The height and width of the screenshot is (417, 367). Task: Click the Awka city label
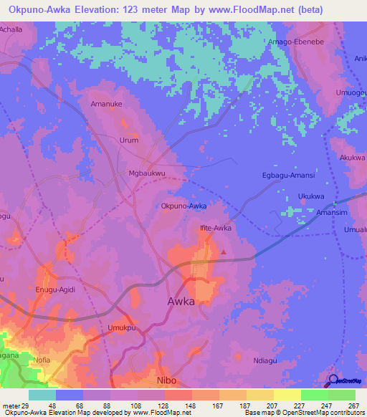click(x=181, y=302)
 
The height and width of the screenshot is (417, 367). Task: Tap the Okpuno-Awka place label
click(x=184, y=206)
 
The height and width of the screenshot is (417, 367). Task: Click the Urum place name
click(x=128, y=140)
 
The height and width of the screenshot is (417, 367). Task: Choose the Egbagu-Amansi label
click(x=289, y=176)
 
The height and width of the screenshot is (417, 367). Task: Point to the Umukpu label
click(x=121, y=328)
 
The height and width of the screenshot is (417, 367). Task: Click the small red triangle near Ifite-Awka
click(x=224, y=251)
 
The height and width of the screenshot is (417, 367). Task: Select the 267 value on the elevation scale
click(x=354, y=406)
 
